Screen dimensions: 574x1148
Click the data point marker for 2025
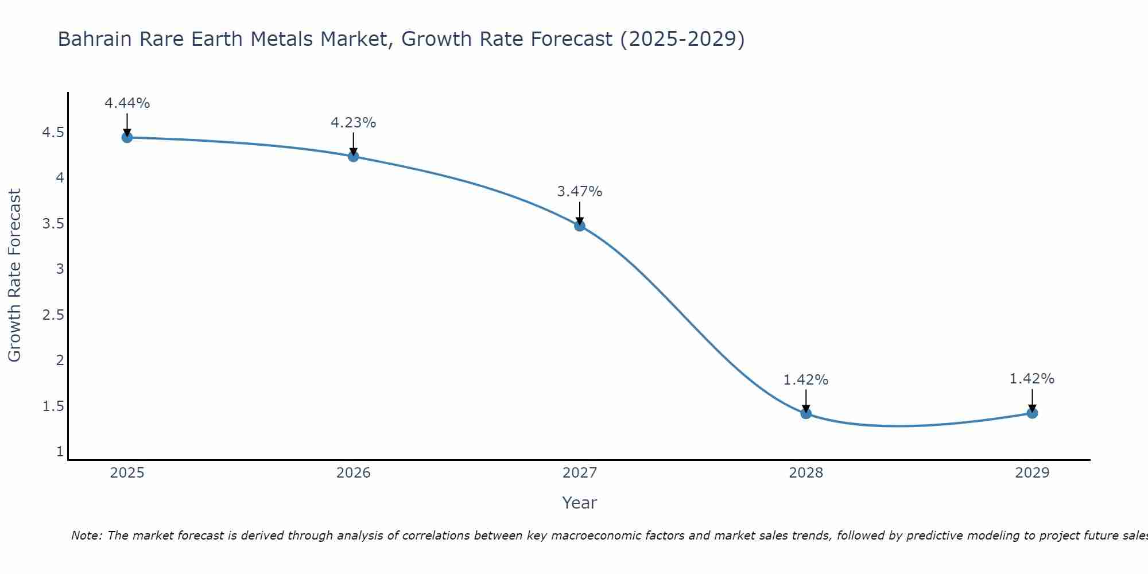[x=127, y=137]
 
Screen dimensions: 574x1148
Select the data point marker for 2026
[x=353, y=156]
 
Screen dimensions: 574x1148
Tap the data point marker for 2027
[x=580, y=226]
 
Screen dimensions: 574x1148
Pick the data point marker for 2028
[x=806, y=413]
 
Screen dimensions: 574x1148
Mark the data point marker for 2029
[x=1032, y=413]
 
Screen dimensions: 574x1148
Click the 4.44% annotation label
[x=127, y=103]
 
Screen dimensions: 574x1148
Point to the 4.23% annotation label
[x=353, y=123]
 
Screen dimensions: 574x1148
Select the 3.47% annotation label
[x=580, y=192]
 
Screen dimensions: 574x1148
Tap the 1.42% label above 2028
[x=806, y=380]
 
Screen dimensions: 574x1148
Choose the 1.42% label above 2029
[x=1032, y=379]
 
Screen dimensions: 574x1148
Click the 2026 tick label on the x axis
[x=353, y=473]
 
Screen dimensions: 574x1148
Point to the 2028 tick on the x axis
[x=806, y=473]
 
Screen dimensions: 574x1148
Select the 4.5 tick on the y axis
[x=53, y=133]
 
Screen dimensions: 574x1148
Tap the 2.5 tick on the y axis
[x=53, y=315]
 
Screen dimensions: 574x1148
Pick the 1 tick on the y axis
[x=60, y=452]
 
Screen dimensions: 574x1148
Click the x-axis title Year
[x=580, y=503]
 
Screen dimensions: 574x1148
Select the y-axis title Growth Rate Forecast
[x=14, y=276]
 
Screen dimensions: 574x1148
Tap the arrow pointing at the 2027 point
[x=580, y=214]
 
